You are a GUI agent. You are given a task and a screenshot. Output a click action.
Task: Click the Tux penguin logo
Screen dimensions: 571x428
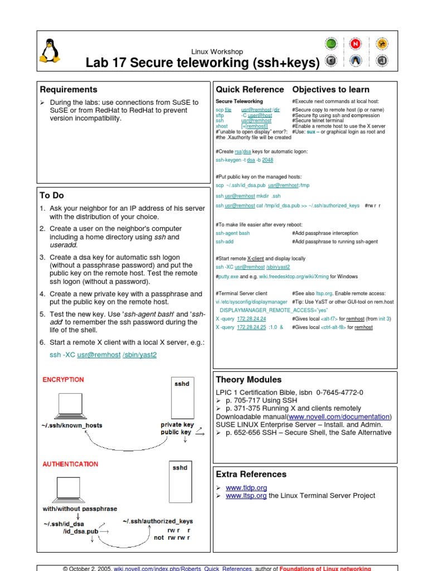(50, 51)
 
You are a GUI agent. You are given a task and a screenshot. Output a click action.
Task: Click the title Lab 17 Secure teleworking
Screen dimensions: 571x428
(203, 63)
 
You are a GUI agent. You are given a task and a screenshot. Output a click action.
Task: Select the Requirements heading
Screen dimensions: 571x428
(69, 89)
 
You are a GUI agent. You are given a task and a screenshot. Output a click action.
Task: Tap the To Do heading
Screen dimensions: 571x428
(52, 195)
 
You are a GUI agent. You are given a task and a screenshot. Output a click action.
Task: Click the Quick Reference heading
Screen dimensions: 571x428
(250, 89)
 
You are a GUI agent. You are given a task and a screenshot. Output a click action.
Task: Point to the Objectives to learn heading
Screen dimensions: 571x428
(330, 89)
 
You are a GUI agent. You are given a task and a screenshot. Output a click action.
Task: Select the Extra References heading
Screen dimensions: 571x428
(251, 474)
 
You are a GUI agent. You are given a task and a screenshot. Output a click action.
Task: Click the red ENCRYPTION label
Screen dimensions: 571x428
(64, 380)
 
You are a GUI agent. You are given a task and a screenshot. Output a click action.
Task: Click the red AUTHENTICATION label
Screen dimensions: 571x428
(70, 464)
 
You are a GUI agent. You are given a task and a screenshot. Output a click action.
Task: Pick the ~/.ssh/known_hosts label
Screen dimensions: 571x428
(71, 425)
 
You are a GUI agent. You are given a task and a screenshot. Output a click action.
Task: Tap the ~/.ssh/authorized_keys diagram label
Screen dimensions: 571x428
(158, 521)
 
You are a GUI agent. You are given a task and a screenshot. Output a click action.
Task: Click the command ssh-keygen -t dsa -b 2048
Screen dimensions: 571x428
(244, 159)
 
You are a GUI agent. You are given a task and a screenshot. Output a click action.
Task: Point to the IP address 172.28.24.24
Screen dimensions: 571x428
(251, 318)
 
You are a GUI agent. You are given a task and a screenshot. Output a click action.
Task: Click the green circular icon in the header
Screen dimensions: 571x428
(331, 44)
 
